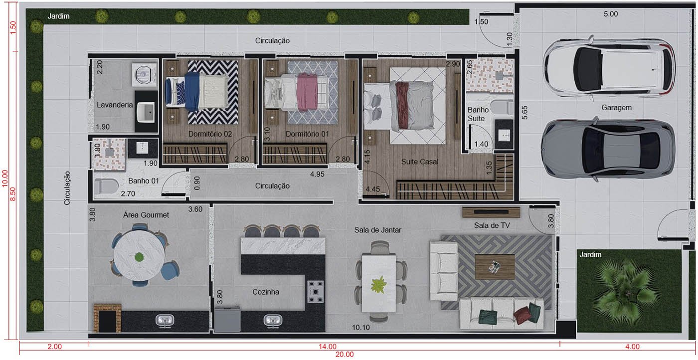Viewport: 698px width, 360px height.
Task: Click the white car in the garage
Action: [609, 67]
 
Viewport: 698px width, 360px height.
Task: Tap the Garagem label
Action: [616, 107]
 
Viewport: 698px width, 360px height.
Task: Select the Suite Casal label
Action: [420, 162]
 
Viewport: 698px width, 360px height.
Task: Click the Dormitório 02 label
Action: [210, 134]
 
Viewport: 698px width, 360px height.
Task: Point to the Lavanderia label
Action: [115, 105]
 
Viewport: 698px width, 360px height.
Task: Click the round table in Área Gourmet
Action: [139, 257]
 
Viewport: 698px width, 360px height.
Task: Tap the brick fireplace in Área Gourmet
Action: [108, 317]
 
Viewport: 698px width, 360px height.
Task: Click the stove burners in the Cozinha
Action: [316, 292]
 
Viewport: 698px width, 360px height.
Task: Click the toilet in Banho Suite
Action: [501, 106]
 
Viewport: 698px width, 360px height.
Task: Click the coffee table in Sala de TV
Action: [495, 267]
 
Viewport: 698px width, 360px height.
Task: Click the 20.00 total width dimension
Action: [345, 355]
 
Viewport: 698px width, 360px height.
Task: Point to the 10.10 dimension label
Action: [360, 327]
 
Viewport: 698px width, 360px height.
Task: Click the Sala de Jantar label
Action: [378, 230]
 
